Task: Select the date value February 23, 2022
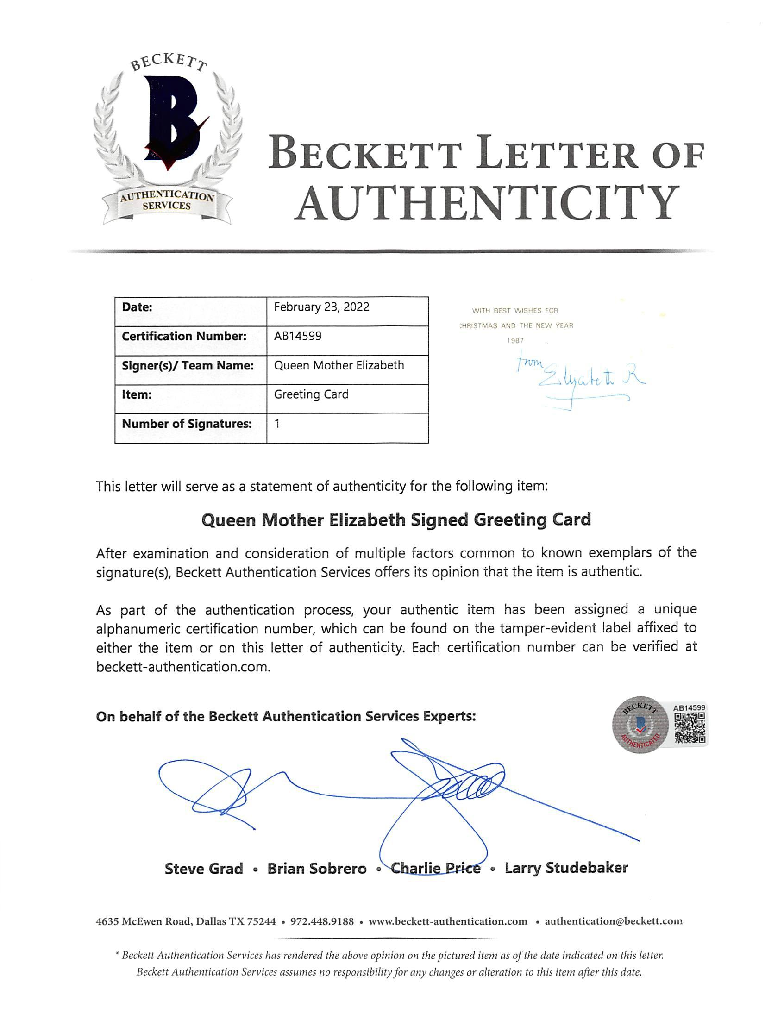(x=321, y=307)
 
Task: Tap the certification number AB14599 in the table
(x=298, y=336)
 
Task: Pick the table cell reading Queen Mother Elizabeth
(x=339, y=365)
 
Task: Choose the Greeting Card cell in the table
(x=311, y=395)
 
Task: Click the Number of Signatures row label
(x=187, y=424)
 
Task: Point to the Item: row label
(x=137, y=395)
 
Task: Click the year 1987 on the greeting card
(x=515, y=341)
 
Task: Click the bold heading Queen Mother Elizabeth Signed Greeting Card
(x=396, y=520)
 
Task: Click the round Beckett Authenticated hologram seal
(x=640, y=726)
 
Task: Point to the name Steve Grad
(x=204, y=868)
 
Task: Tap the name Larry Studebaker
(x=566, y=868)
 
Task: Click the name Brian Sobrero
(x=317, y=868)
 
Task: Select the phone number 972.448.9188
(x=322, y=921)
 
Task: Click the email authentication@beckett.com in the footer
(x=613, y=921)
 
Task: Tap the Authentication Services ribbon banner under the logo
(x=167, y=201)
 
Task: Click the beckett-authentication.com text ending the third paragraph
(x=183, y=667)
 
